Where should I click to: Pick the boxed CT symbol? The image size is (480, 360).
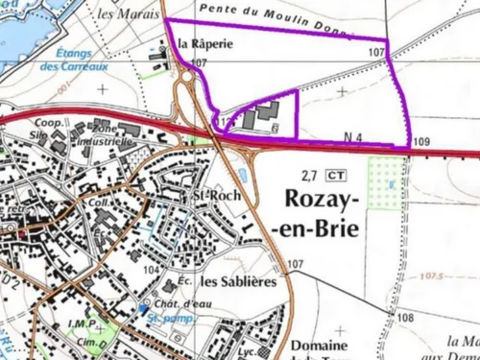(335, 175)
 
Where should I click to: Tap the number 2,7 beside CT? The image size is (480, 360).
(309, 176)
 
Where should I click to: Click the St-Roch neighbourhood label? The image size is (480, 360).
(210, 198)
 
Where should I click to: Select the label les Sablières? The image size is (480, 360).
(239, 282)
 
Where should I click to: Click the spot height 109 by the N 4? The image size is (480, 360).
(420, 142)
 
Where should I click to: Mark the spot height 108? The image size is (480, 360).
(405, 317)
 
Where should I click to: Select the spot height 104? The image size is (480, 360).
(151, 271)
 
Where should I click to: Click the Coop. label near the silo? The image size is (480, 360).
(48, 123)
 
